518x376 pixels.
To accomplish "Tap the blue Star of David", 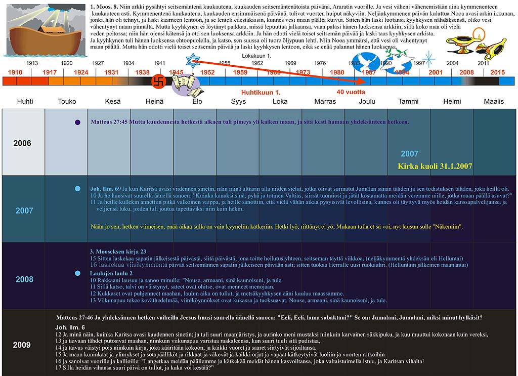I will coord(192,61).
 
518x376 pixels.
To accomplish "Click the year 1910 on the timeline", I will coord(15,72).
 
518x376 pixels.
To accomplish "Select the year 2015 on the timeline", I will coord(498,72).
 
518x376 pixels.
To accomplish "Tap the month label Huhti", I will coord(25,101).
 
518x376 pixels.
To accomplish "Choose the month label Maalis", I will coord(494,101).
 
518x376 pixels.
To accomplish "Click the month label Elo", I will coord(197,101).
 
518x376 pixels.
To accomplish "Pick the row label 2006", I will coord(22,143).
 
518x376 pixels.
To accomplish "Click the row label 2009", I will coord(22,345).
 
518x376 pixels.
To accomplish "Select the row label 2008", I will coord(24,279).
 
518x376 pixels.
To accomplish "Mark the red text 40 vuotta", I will coord(351,92).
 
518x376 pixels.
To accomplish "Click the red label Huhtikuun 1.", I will coord(261,93).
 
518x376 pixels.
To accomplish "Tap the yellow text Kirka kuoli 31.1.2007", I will coord(435,166).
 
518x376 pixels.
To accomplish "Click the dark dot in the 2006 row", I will coord(77,122).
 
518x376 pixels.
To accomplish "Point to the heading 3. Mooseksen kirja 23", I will coord(118,251).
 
